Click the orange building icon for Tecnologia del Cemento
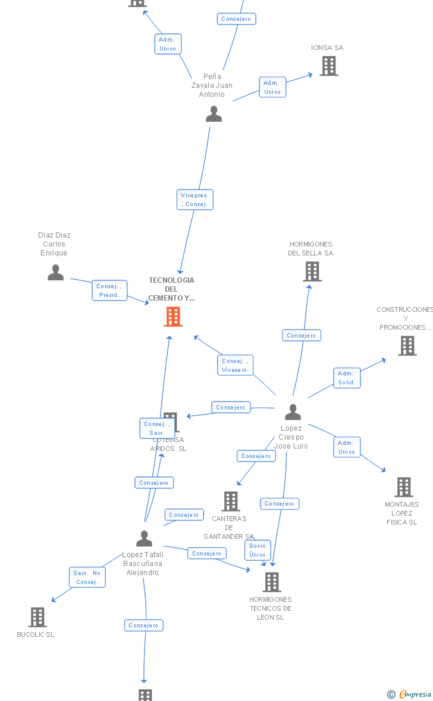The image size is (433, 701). coord(173,317)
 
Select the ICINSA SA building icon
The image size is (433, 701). coord(329,66)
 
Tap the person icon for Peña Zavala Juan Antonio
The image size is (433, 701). coord(214,113)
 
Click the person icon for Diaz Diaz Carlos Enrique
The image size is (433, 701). coord(56,272)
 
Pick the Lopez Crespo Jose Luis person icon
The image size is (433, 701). coord(293,412)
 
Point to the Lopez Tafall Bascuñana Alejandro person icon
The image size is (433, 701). coord(144,538)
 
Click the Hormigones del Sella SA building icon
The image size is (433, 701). coord(312,271)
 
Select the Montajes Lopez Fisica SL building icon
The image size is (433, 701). coord(404,487)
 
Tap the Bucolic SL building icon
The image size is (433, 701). coord(37,617)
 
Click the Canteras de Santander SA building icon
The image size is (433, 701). coord(231,501)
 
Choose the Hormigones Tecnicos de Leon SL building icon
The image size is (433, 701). coord(272,582)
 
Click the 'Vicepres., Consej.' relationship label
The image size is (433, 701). coord(194,200)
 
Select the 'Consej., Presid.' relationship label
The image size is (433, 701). coord(109,290)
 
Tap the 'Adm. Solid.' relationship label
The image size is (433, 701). coord(346,378)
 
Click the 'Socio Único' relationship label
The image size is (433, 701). coord(258,550)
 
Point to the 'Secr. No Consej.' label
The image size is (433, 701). coord(87,577)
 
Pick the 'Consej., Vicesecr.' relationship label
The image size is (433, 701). coord(235,365)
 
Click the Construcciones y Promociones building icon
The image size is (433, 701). coord(407,345)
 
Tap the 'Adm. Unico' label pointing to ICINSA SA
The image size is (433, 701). coord(272,87)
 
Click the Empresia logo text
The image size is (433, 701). coord(415,694)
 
